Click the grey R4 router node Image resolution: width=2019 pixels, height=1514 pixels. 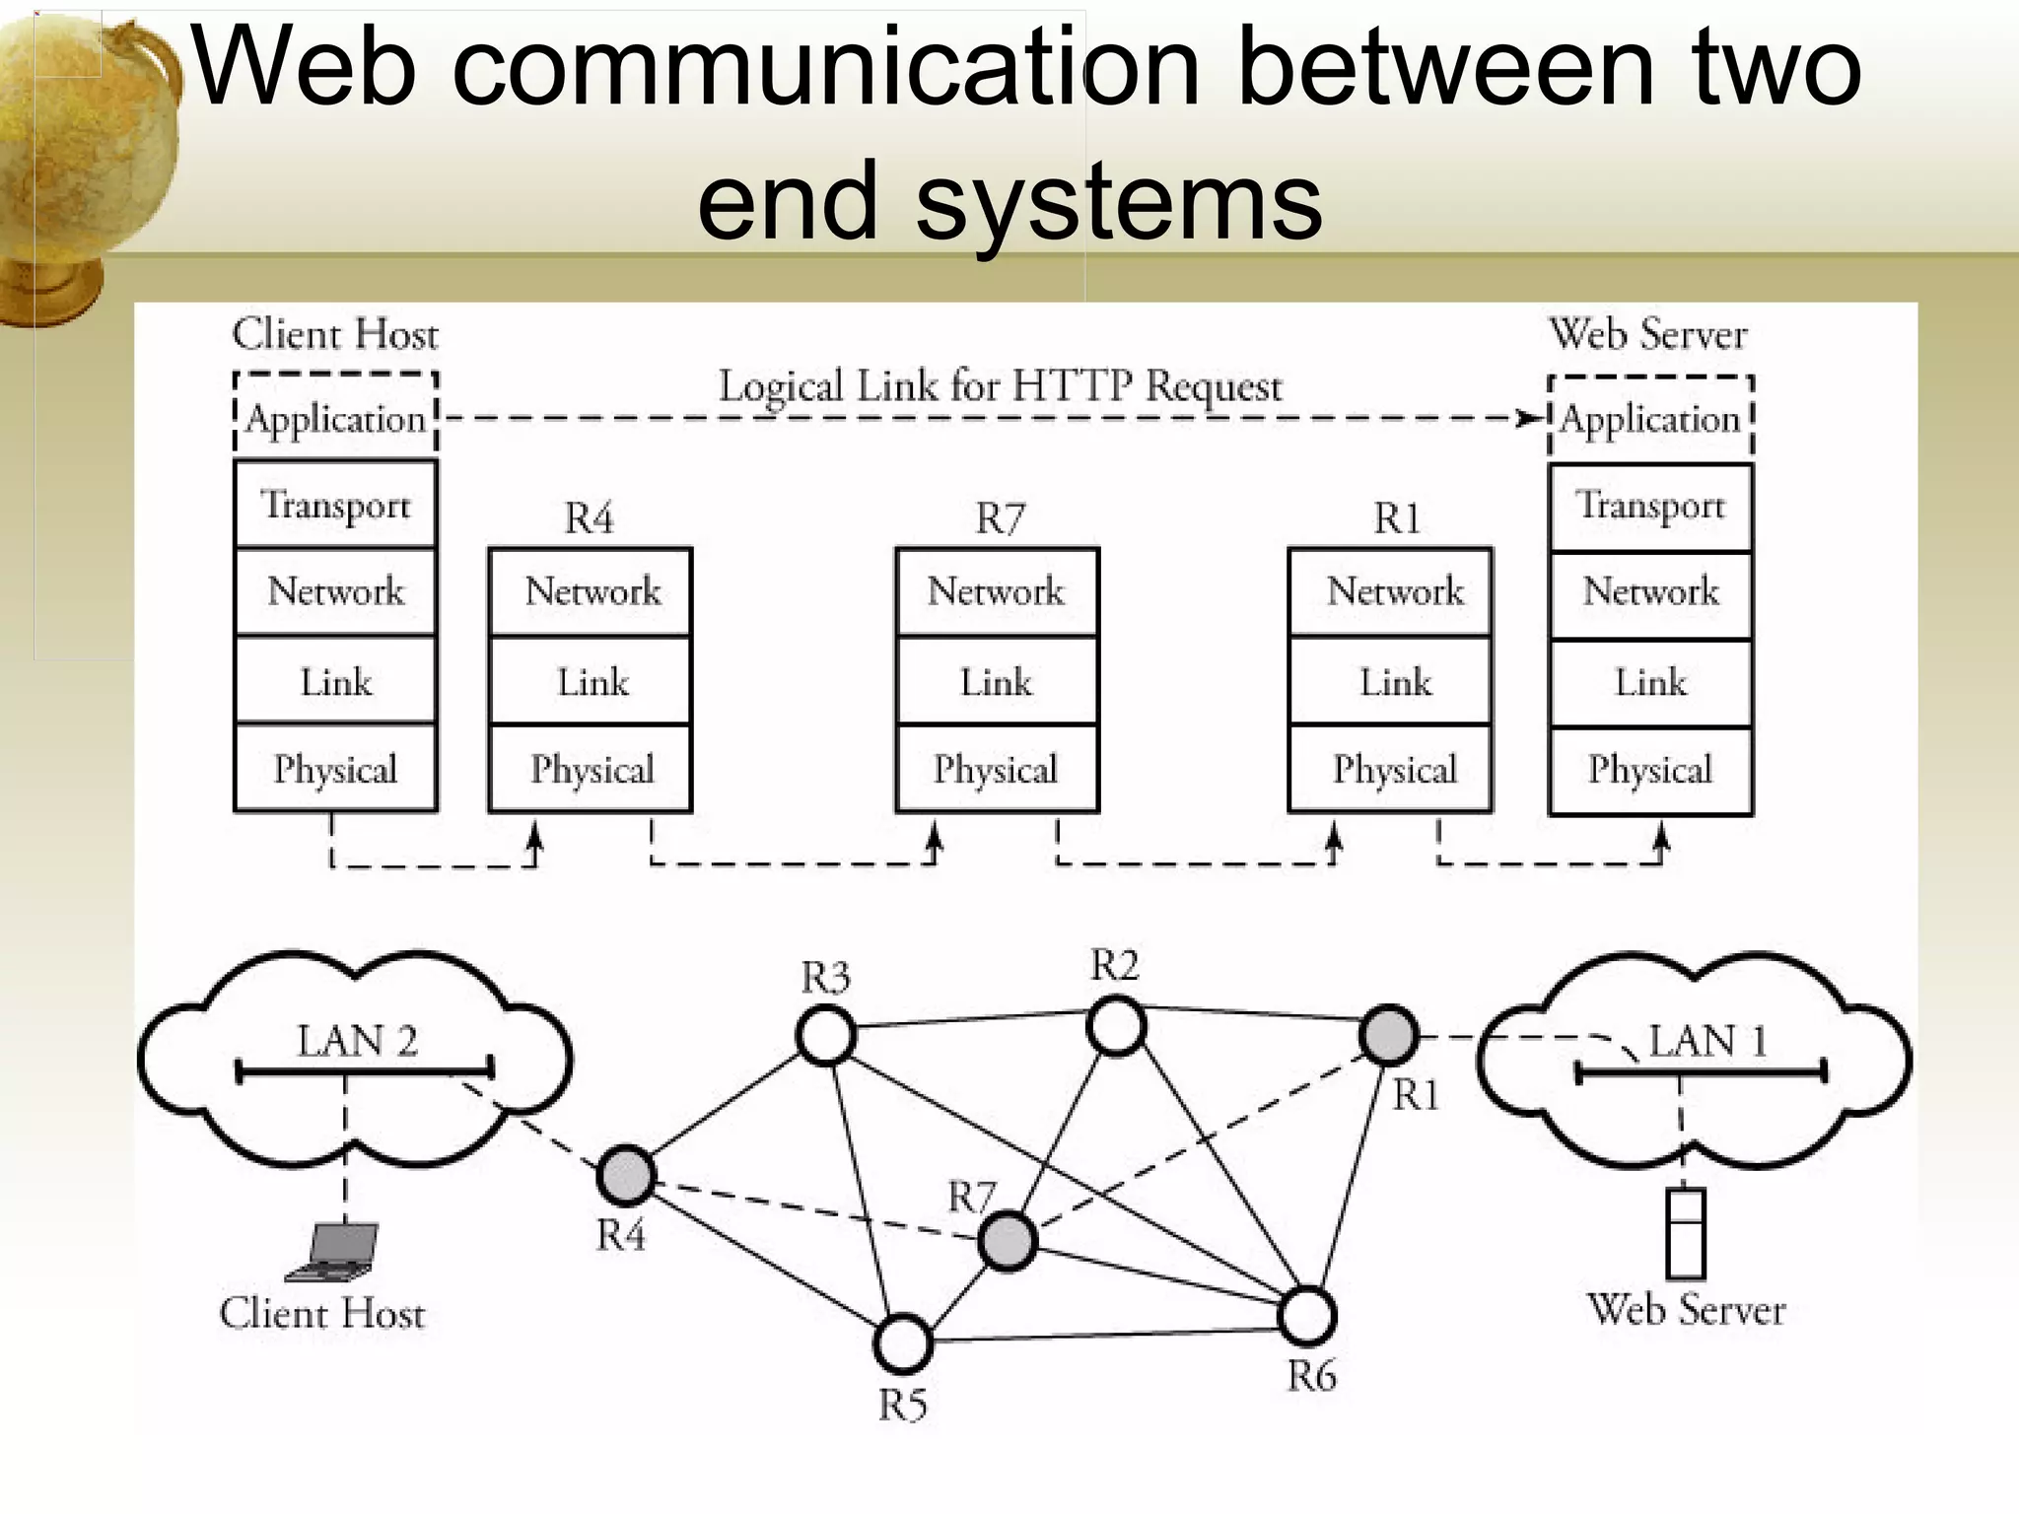coord(626,1176)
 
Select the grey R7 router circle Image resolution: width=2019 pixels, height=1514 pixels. coord(1008,1241)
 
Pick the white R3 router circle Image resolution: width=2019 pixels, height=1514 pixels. coord(825,1035)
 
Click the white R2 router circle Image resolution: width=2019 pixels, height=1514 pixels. coord(1116,1026)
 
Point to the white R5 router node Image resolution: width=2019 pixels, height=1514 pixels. coord(903,1343)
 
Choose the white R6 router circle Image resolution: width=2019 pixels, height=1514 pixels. coord(1307,1316)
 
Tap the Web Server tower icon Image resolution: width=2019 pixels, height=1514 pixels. coord(1685,1234)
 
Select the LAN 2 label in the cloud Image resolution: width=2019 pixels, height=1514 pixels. coord(357,1041)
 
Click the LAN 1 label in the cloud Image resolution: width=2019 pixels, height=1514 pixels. coord(1707,1041)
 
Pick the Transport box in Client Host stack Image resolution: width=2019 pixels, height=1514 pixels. coord(335,505)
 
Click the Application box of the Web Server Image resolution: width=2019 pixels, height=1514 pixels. coord(1650,419)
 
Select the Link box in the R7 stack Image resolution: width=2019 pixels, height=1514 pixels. coord(997,681)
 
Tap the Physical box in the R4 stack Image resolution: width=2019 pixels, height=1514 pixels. coord(591,769)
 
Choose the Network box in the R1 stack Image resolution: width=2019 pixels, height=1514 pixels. coord(1391,591)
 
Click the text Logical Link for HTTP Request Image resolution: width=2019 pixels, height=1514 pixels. coord(1000,386)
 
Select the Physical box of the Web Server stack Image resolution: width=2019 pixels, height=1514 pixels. coord(1650,770)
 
